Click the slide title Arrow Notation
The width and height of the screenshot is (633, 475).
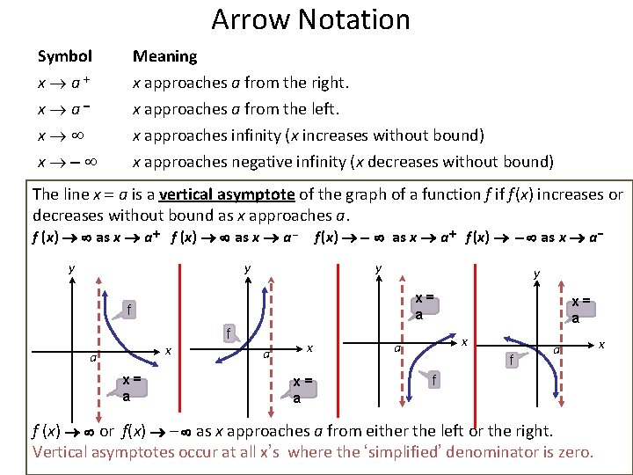(310, 18)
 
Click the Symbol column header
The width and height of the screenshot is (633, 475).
(64, 56)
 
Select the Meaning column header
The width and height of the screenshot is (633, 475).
(164, 56)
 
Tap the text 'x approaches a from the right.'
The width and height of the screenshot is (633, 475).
(240, 84)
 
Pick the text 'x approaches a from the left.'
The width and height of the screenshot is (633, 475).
(235, 110)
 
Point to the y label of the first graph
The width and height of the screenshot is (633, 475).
(72, 269)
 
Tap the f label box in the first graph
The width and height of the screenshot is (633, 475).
(130, 309)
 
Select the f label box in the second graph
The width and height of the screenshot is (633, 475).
(228, 333)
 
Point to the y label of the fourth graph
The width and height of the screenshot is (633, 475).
(537, 275)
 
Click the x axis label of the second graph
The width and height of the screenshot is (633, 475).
(309, 348)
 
